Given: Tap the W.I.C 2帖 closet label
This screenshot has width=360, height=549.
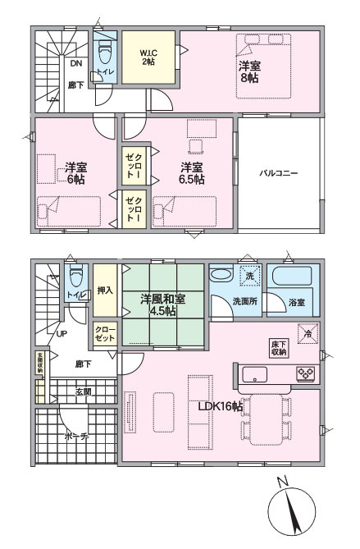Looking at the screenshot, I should coord(150,57).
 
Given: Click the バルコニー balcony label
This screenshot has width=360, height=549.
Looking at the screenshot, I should coord(278,173).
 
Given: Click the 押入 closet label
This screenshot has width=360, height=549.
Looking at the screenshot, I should coord(104,291).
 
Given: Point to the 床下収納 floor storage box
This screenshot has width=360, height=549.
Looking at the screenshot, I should coord(278,347).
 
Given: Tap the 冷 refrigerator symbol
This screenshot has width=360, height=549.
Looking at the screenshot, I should coord(308,333).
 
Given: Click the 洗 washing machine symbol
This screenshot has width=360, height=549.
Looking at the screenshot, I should coord(249,275).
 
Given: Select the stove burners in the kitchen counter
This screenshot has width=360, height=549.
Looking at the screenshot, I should coord(305,373).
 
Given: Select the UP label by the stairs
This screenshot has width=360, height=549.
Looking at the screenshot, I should coord(62,334).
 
